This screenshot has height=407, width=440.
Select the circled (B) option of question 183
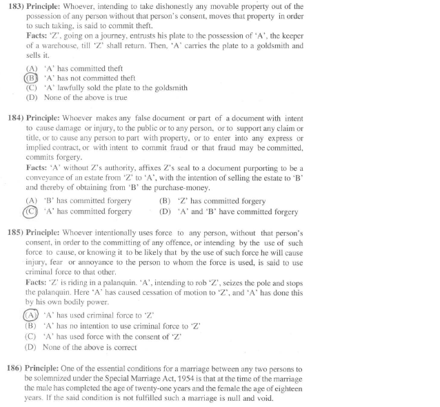[31, 79]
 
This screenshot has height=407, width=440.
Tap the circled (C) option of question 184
[31, 211]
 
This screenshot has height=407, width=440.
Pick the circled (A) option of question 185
[31, 316]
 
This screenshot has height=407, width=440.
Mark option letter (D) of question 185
[31, 347]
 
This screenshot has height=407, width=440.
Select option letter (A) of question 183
[31, 68]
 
